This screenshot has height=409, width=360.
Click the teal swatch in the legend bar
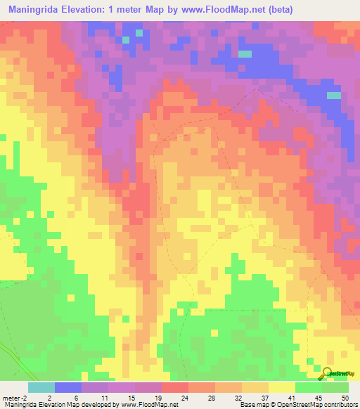(41, 387)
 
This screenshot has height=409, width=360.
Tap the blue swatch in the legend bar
(68, 387)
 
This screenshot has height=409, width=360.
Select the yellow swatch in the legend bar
(281, 387)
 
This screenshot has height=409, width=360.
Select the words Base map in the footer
(252, 405)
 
